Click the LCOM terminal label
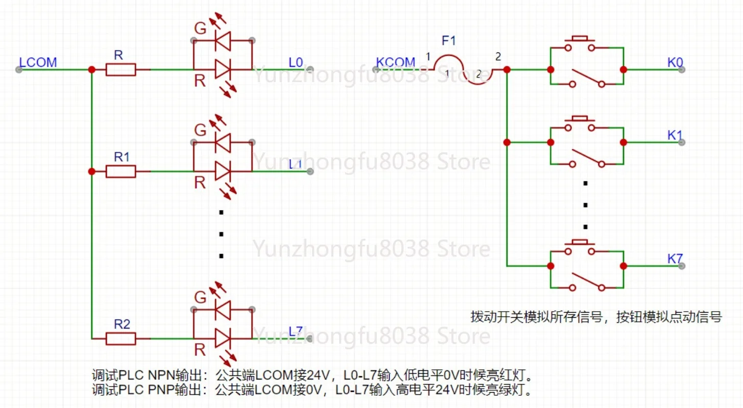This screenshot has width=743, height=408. [x=38, y=62]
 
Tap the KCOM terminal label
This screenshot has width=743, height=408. [x=395, y=62]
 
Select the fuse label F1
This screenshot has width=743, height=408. [x=449, y=41]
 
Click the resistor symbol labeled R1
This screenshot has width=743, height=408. [x=121, y=171]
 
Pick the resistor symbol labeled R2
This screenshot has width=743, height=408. [x=121, y=339]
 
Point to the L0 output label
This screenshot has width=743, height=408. [x=296, y=62]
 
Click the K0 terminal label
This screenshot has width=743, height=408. [x=675, y=62]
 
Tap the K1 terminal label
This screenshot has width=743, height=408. [x=675, y=135]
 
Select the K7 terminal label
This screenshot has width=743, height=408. [x=675, y=259]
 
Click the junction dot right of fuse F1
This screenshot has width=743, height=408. [x=507, y=69]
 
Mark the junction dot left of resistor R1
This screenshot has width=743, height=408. [x=92, y=171]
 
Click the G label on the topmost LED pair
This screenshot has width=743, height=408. [x=200, y=29]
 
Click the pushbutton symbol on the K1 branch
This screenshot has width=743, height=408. [x=580, y=123]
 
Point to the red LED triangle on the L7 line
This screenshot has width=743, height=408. [x=223, y=339]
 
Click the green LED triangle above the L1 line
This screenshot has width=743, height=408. [x=223, y=143]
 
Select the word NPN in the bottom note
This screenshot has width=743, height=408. [x=161, y=375]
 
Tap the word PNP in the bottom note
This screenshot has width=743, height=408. [x=161, y=390]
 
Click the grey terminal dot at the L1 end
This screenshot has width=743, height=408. [x=310, y=171]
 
